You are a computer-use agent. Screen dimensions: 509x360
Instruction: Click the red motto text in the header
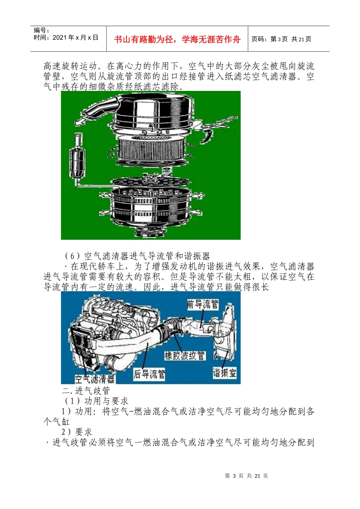point(177,39)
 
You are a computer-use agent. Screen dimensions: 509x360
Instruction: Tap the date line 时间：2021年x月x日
point(66,37)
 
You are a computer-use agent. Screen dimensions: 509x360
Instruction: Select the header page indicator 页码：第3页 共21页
point(281,39)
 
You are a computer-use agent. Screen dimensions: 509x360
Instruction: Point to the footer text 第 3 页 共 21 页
point(246,476)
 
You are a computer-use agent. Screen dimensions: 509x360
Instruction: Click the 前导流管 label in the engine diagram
point(203,304)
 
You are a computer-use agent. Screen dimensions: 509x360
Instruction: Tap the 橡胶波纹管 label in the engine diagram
point(185,356)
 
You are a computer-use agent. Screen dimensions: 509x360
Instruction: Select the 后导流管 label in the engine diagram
point(149,374)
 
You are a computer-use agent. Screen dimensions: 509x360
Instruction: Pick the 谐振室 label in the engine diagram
point(224,373)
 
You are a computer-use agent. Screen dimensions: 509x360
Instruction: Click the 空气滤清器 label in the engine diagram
point(95,379)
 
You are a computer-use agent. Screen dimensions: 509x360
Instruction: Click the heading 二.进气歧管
point(86,390)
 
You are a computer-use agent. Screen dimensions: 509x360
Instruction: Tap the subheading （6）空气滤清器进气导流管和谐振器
point(137,256)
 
